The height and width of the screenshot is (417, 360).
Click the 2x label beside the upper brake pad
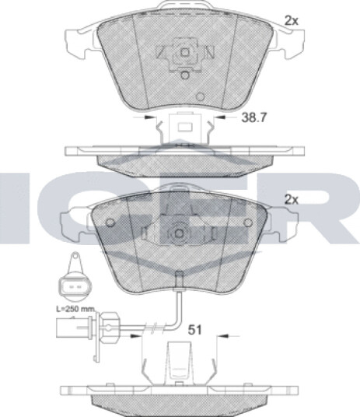[x=292, y=21]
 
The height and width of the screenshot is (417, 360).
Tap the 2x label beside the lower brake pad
[x=292, y=200]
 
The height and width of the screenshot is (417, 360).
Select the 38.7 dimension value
[x=253, y=117]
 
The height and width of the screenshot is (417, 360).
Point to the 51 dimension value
[x=194, y=330]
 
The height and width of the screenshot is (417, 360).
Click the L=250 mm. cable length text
[x=75, y=309]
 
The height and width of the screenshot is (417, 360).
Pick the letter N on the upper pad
[x=210, y=52]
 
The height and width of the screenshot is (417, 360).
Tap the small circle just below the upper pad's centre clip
[x=184, y=75]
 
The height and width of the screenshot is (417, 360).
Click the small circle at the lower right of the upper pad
[x=200, y=96]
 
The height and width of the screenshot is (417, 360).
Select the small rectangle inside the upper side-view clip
[x=185, y=127]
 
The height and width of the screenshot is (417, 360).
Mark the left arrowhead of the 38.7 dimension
[x=149, y=117]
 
